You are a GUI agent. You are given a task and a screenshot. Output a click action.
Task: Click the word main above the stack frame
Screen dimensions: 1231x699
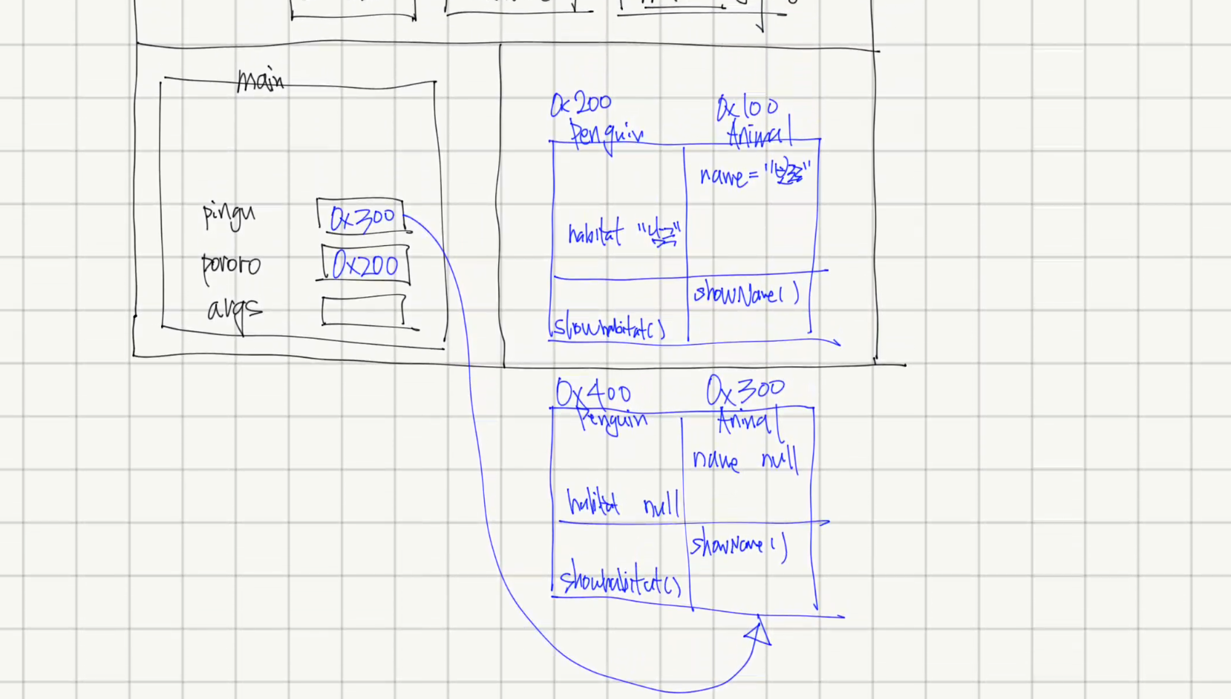click(260, 79)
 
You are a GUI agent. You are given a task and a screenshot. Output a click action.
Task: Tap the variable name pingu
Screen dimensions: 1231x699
click(229, 215)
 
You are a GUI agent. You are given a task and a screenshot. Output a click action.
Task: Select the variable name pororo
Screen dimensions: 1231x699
click(231, 264)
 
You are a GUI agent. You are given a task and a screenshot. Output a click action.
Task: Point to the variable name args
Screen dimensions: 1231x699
click(234, 310)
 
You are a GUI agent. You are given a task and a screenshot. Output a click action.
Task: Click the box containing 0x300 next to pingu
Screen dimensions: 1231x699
click(361, 218)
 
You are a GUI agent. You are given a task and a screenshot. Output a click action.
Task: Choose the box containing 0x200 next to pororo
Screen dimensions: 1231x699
click(365, 265)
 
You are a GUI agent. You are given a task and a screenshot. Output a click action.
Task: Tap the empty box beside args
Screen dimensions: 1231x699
click(363, 311)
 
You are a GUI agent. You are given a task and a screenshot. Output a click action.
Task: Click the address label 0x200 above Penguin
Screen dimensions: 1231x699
click(581, 105)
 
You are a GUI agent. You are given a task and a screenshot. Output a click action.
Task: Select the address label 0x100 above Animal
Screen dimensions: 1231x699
click(747, 108)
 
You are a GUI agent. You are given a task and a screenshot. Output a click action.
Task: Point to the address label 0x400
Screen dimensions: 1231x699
click(593, 392)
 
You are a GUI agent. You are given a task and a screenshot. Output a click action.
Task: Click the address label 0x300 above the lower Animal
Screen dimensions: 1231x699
click(745, 389)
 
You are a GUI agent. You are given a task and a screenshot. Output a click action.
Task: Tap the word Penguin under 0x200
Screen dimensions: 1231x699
click(606, 134)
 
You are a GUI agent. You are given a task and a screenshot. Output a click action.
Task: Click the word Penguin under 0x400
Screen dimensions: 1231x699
click(613, 420)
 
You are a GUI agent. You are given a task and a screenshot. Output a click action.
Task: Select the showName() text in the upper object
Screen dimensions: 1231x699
click(746, 294)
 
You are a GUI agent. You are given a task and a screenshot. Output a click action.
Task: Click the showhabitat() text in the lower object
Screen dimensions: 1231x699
click(620, 582)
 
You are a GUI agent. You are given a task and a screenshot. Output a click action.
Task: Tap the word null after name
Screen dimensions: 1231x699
click(780, 460)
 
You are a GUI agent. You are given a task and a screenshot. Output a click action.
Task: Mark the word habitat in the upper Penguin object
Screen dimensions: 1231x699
click(595, 235)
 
